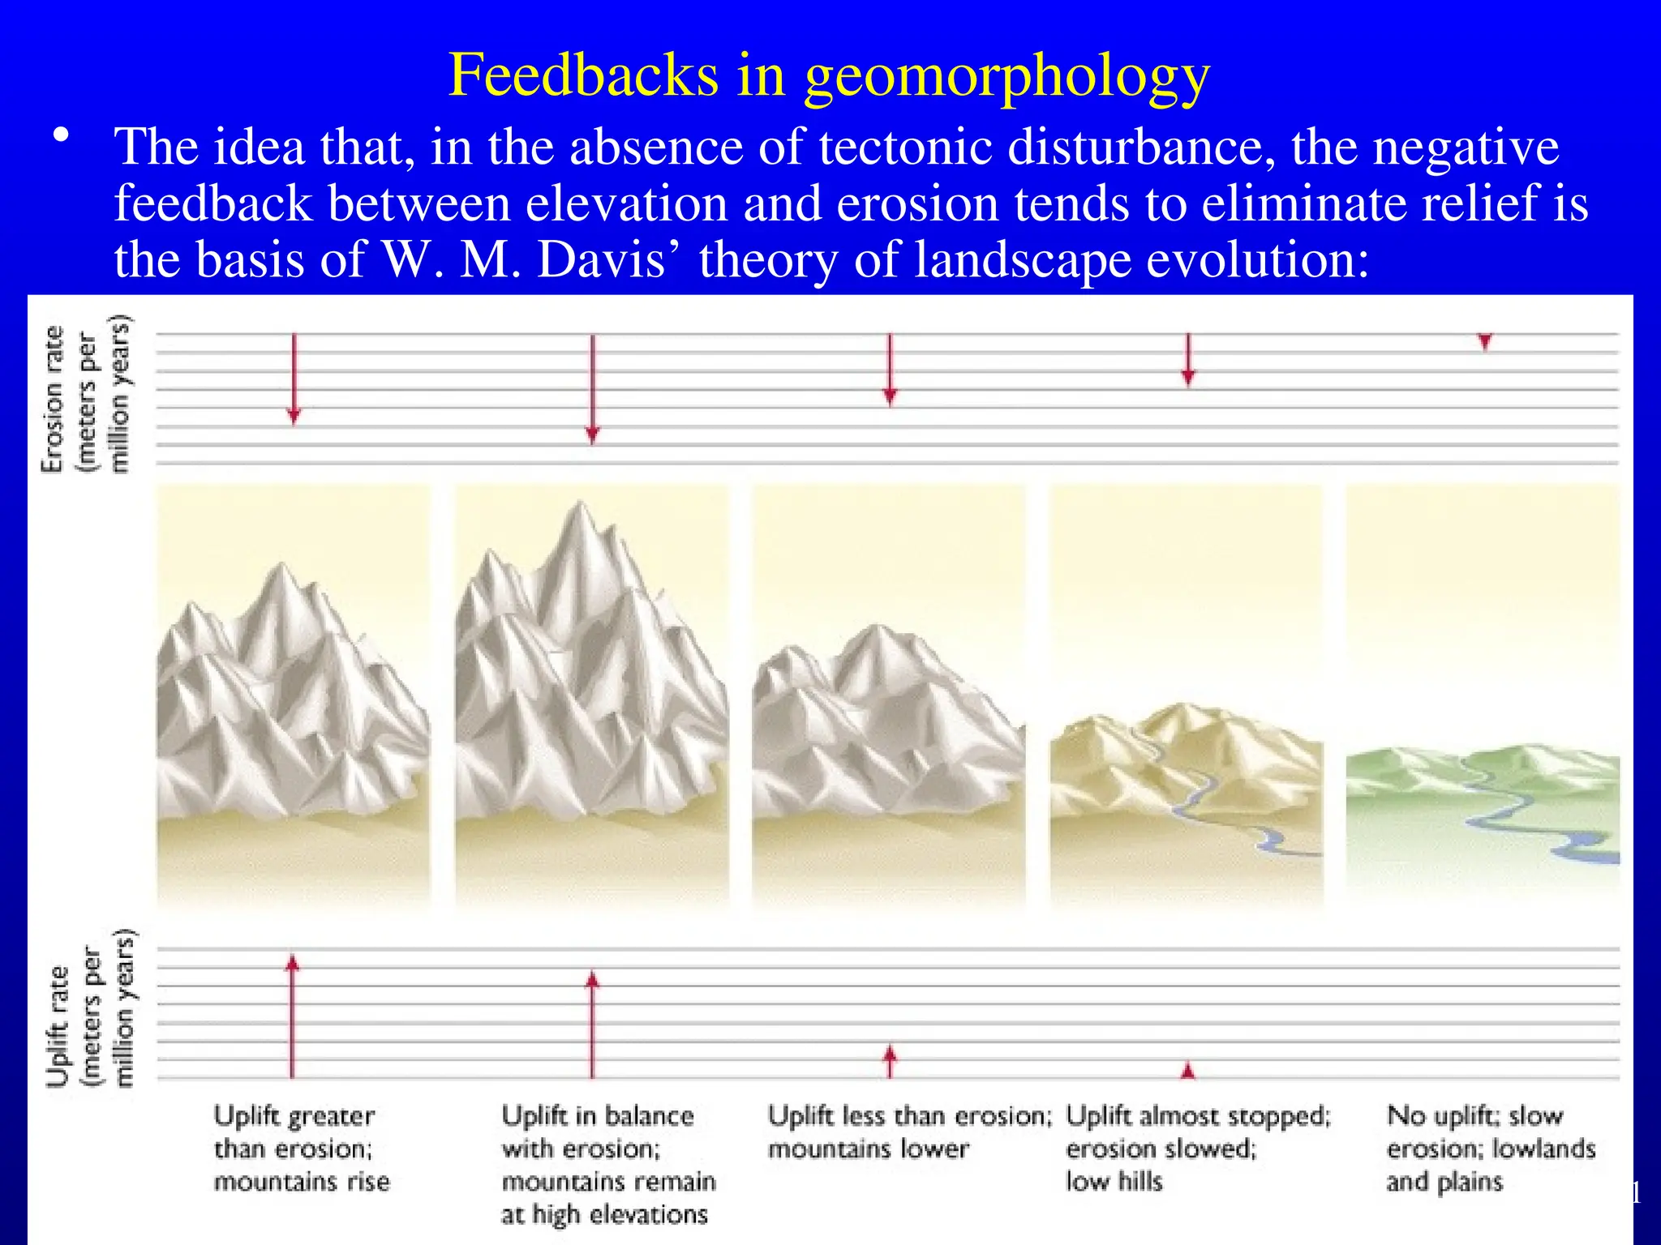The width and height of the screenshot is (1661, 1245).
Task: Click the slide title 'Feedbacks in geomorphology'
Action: (x=829, y=75)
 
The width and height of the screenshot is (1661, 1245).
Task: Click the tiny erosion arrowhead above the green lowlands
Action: (x=1484, y=341)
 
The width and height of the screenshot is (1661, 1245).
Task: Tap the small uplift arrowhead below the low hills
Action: (x=1188, y=1071)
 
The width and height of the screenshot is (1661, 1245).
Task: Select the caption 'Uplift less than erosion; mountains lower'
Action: (x=908, y=1132)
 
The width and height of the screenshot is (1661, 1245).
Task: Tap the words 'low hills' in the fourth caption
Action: (x=1114, y=1182)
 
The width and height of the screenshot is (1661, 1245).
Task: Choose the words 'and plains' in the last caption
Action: (x=1444, y=1182)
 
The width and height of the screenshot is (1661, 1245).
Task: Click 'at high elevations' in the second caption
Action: (x=604, y=1214)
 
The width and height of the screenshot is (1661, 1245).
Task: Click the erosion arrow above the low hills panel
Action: (x=1188, y=358)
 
